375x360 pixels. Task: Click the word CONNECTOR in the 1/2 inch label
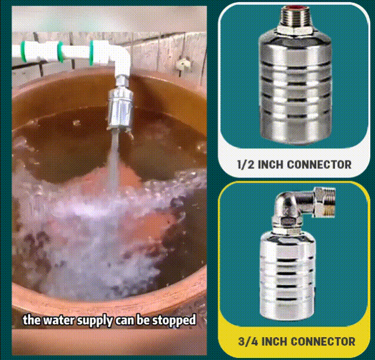coord(319,165)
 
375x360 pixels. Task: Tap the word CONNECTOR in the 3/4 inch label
coord(323,341)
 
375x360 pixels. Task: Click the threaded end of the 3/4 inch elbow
coord(325,202)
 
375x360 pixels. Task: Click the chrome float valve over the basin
coord(120,108)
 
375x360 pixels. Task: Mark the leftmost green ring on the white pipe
coord(24,51)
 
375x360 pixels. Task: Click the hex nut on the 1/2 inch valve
coord(294,29)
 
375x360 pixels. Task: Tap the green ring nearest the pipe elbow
coord(91,53)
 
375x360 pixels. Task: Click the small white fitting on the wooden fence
coord(183,63)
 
